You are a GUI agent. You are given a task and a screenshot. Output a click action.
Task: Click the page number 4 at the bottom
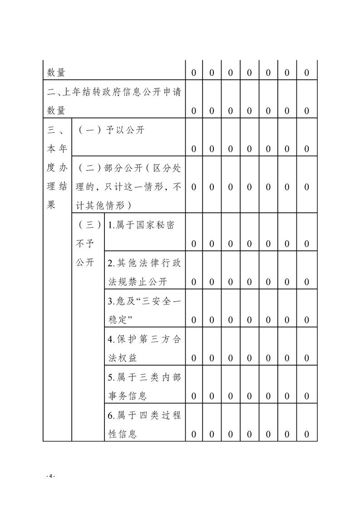click(51, 475)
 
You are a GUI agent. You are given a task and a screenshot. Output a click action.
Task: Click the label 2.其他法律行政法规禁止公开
click(144, 273)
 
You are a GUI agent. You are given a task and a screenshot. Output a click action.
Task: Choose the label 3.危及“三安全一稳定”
click(144, 311)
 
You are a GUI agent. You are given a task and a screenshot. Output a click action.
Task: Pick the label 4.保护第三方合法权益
click(144, 349)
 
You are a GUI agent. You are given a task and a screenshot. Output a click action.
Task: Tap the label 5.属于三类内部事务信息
click(144, 387)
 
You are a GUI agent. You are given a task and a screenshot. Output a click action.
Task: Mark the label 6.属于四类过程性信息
click(144, 425)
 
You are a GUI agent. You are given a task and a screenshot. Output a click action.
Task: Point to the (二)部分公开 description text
click(129, 187)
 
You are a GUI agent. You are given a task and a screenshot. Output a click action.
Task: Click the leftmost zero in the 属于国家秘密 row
click(194, 244)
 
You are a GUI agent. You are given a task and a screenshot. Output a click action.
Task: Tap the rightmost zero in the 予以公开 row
click(307, 149)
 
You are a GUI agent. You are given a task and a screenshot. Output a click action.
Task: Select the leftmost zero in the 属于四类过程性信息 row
click(194, 435)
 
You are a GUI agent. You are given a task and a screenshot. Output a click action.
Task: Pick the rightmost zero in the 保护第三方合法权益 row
click(307, 358)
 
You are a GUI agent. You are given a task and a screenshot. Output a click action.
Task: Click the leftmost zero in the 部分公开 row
click(194, 187)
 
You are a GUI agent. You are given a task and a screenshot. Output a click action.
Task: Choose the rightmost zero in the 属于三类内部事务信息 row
click(307, 396)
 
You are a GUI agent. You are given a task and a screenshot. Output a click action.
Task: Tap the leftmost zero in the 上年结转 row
click(194, 111)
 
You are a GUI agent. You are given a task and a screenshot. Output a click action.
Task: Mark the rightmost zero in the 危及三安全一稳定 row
click(307, 320)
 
